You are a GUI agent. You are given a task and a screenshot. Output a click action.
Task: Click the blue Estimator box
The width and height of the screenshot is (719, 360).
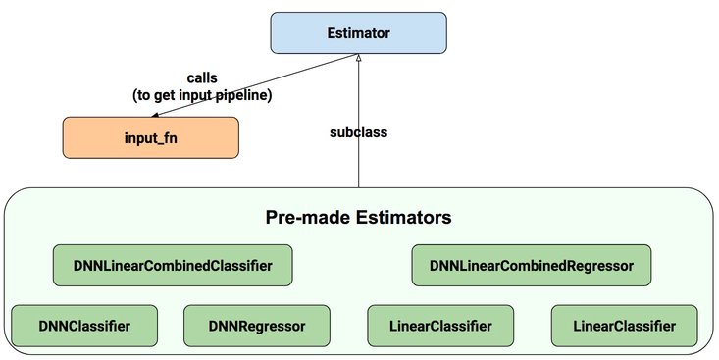(358, 33)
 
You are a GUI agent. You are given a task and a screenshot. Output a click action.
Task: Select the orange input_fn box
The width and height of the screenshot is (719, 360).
(150, 137)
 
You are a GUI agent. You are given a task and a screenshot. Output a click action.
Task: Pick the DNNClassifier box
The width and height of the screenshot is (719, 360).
(84, 325)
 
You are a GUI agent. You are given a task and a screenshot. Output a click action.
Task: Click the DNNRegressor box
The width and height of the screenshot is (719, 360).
(258, 325)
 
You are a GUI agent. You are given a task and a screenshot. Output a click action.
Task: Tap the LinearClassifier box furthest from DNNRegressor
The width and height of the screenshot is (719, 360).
(626, 325)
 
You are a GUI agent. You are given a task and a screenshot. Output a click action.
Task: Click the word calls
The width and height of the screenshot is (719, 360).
(204, 77)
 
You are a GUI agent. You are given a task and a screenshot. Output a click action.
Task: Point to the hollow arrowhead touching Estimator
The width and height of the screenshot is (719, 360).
(359, 60)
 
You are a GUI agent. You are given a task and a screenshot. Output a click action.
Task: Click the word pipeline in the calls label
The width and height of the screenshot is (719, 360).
(248, 95)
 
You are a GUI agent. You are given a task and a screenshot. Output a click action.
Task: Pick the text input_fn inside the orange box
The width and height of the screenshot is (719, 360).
(150, 137)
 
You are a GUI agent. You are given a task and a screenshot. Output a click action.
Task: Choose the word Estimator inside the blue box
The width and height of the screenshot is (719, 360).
(358, 33)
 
